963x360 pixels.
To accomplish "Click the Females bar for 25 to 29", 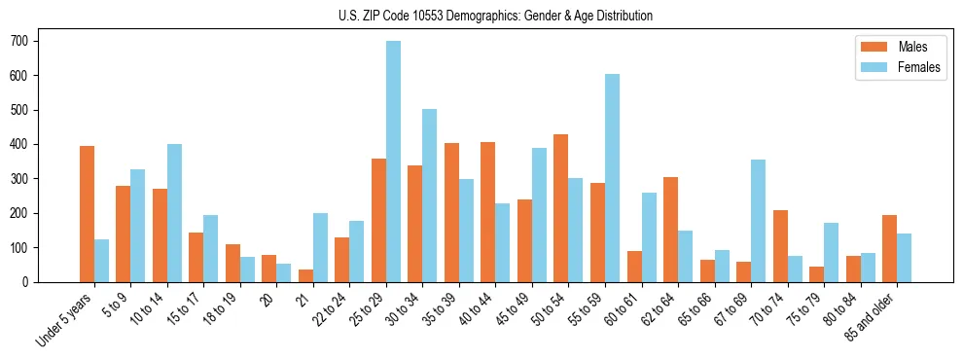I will pyautogui.click(x=393, y=162).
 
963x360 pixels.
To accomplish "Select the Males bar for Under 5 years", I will pyautogui.click(x=87, y=214).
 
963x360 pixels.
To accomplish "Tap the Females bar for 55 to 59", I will pyautogui.click(x=612, y=178).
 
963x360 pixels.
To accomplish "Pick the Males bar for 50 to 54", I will pyautogui.click(x=561, y=208).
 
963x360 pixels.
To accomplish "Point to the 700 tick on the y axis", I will pyautogui.click(x=39, y=41).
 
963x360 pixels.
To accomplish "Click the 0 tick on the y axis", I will pyautogui.click(x=39, y=281).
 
